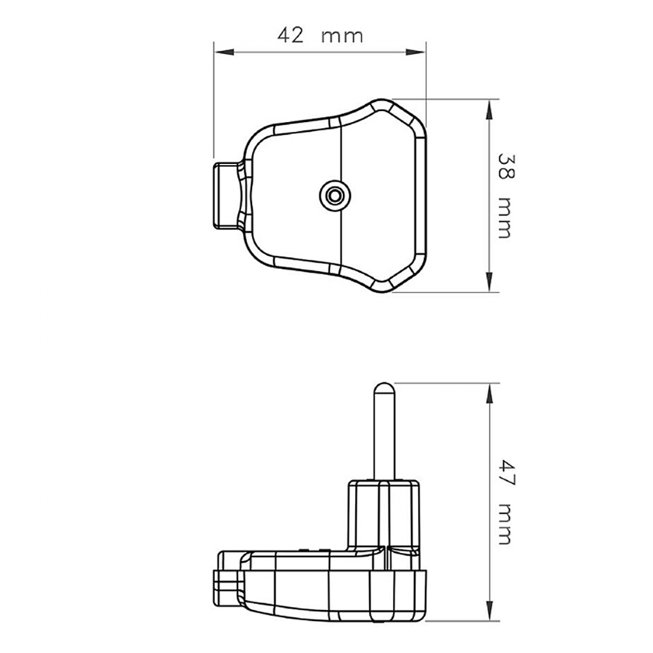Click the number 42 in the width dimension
[x=291, y=35]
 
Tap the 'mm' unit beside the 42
[x=342, y=37]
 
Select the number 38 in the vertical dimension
[x=507, y=167]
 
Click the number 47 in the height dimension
[x=507, y=473]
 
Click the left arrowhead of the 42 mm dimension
[x=223, y=52]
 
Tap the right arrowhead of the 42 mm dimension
[x=415, y=52]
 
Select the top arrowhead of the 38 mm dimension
[x=489, y=109]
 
